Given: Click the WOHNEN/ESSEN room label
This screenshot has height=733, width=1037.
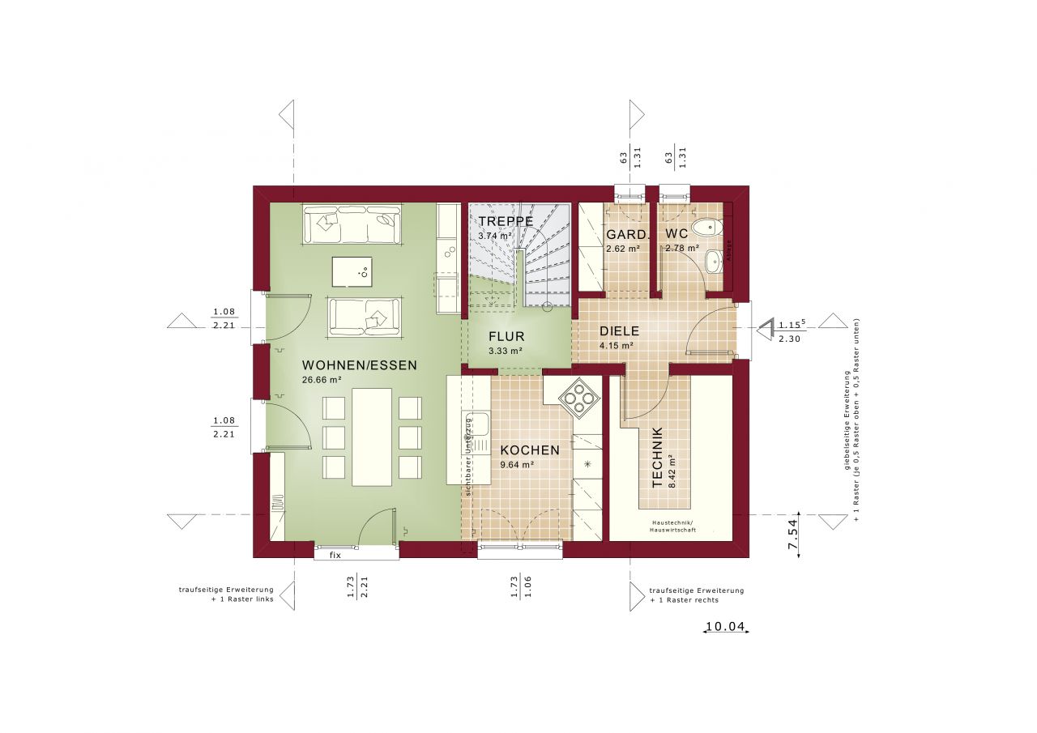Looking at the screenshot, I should [360, 365].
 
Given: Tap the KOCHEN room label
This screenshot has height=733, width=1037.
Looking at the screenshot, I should [529, 450].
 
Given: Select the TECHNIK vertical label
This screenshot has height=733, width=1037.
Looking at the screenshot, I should [657, 457].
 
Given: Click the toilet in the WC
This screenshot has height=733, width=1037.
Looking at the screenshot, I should [707, 228].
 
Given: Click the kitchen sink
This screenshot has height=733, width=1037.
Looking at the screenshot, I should [476, 423].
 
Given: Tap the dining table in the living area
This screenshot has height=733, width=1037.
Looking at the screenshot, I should [372, 437].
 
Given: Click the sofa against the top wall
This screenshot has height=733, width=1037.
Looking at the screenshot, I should [352, 224].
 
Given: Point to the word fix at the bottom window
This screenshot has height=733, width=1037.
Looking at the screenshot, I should [334, 555].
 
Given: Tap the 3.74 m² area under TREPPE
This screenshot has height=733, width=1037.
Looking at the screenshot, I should [494, 235].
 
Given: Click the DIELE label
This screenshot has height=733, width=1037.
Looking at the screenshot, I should [619, 330].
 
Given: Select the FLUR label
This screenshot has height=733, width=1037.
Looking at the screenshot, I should [506, 336].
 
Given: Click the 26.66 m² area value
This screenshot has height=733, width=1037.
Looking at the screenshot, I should [322, 379].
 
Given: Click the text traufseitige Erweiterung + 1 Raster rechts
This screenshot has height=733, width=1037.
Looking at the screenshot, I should [695, 595].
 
